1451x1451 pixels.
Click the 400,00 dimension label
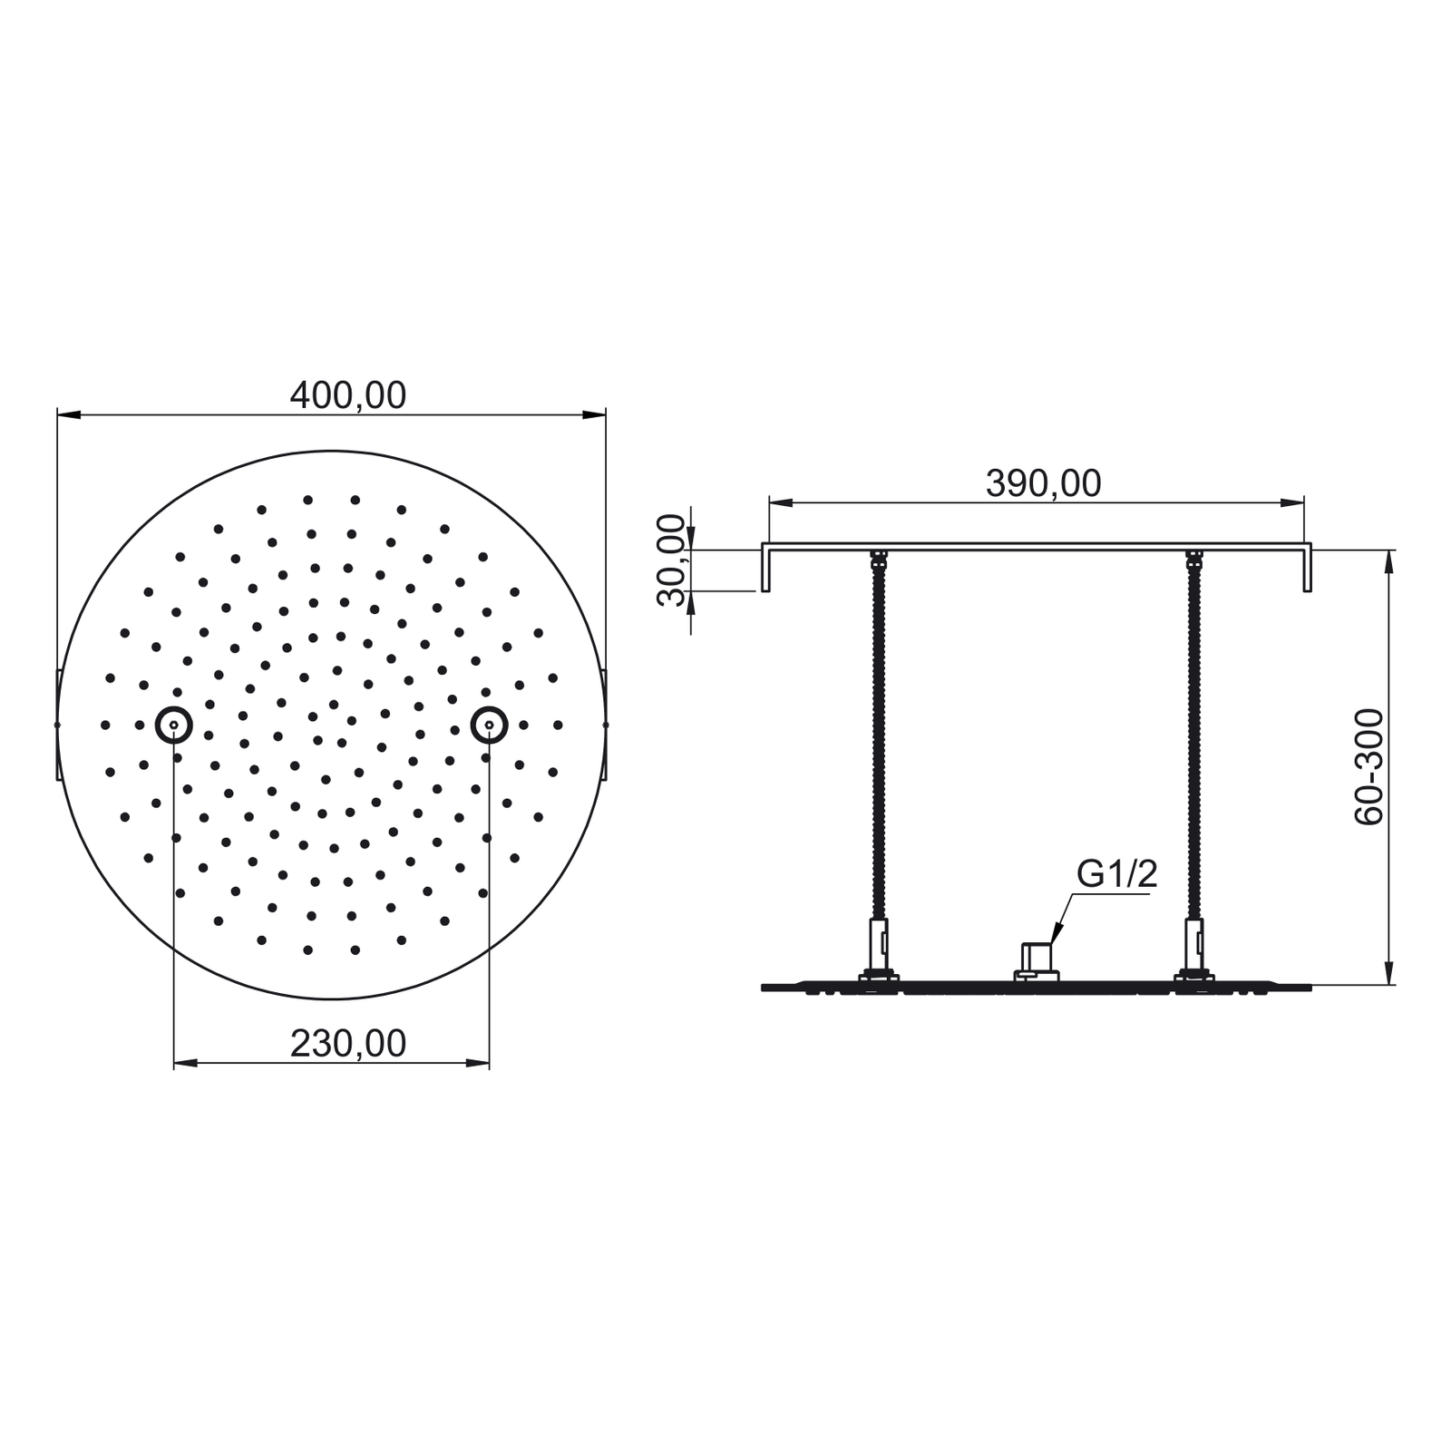348,395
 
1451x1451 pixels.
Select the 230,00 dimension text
348,1044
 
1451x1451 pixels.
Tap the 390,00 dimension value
1043,483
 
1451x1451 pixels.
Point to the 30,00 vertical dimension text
672,560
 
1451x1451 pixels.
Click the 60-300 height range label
1369,766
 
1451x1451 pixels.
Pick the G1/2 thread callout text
1116,874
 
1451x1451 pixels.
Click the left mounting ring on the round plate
173,725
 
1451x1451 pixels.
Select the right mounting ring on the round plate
489,725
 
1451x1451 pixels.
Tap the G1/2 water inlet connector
1037,962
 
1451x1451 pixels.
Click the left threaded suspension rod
878,739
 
